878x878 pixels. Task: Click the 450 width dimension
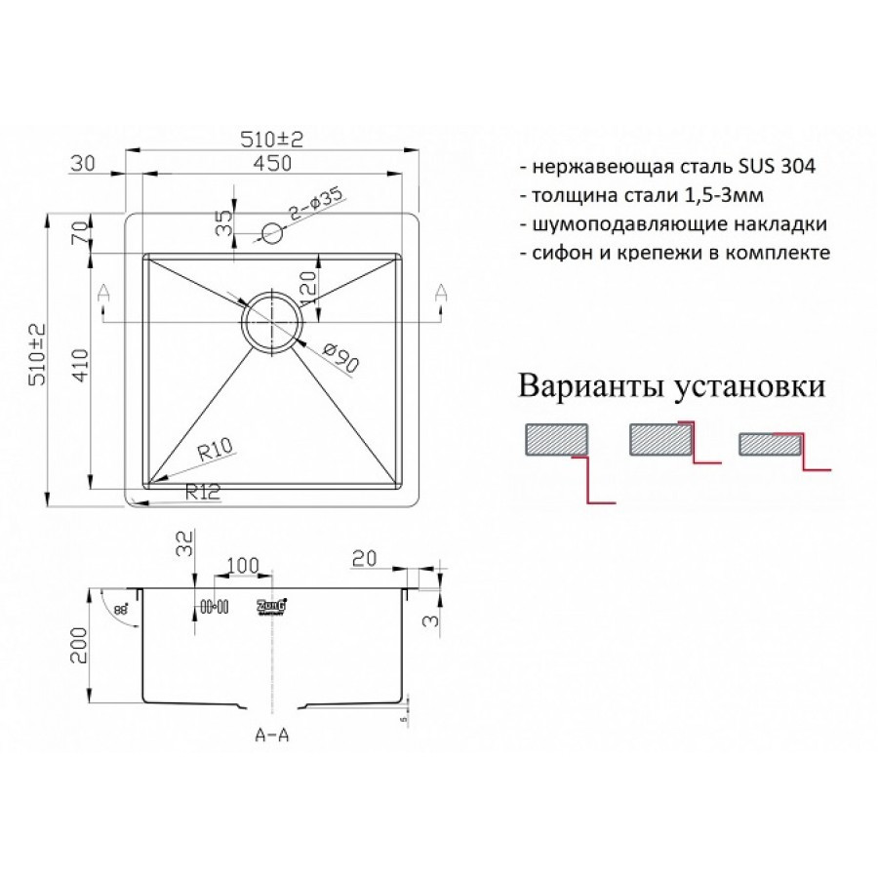(272, 165)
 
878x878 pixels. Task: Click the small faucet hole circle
(272, 234)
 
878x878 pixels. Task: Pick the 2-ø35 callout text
(313, 208)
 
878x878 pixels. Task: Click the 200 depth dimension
(79, 646)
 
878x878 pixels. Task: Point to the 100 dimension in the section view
(242, 566)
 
